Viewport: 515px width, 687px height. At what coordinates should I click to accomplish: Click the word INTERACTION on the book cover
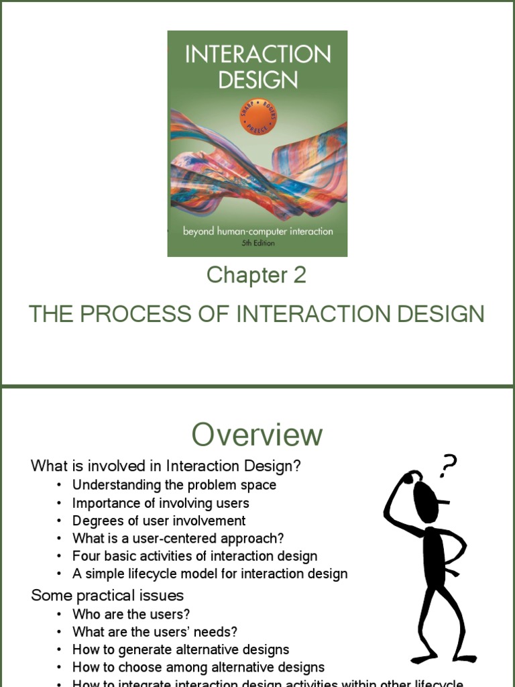click(x=257, y=54)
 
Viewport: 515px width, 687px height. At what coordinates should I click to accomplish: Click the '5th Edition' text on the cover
click(x=258, y=244)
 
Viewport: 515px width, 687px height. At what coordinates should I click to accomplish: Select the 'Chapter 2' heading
click(x=256, y=275)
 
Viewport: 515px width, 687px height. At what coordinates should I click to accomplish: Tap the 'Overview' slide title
click(x=257, y=435)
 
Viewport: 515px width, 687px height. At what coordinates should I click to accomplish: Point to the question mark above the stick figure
click(x=448, y=465)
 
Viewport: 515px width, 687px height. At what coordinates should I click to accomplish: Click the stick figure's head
click(x=426, y=496)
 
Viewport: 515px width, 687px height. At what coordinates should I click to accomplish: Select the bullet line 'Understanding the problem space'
click(x=174, y=484)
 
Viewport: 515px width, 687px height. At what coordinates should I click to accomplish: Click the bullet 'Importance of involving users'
click(x=161, y=503)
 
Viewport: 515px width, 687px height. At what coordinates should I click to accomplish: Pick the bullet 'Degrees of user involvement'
click(x=159, y=521)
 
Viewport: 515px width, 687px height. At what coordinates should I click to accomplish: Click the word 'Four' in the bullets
click(x=85, y=556)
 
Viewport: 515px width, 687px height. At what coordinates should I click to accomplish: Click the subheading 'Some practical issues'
click(x=107, y=596)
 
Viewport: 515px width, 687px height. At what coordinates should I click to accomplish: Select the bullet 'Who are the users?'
click(x=131, y=614)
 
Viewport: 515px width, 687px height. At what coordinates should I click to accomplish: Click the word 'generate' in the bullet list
click(x=133, y=649)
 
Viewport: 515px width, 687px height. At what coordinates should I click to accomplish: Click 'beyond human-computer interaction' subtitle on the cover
click(x=258, y=231)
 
